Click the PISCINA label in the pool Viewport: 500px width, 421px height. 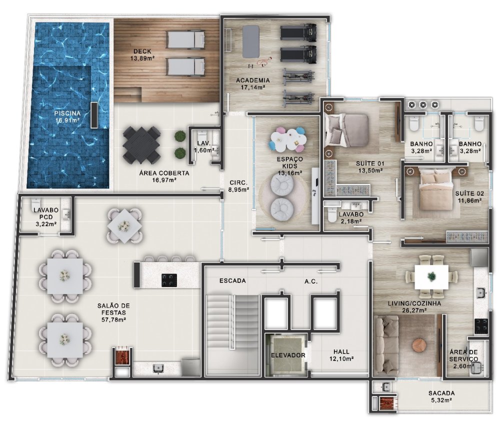click(67, 116)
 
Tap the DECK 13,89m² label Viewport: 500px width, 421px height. click(142, 54)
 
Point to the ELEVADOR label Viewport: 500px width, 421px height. click(288, 355)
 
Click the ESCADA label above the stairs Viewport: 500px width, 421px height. click(232, 280)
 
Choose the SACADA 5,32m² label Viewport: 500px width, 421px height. click(441, 396)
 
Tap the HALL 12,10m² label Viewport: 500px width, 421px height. click(341, 355)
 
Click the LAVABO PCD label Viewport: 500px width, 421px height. click(46, 213)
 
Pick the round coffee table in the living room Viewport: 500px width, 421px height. click(418, 345)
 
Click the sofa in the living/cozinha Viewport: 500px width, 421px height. click(386, 345)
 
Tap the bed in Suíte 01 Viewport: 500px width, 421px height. click(346, 130)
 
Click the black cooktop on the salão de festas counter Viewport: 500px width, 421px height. click(169, 280)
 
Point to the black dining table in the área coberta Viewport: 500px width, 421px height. click(141, 145)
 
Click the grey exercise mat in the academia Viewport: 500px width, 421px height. click(250, 41)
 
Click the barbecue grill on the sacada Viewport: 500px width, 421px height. click(388, 402)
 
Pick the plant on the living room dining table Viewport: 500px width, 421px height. click(431, 277)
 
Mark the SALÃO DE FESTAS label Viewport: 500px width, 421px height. click(113, 309)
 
